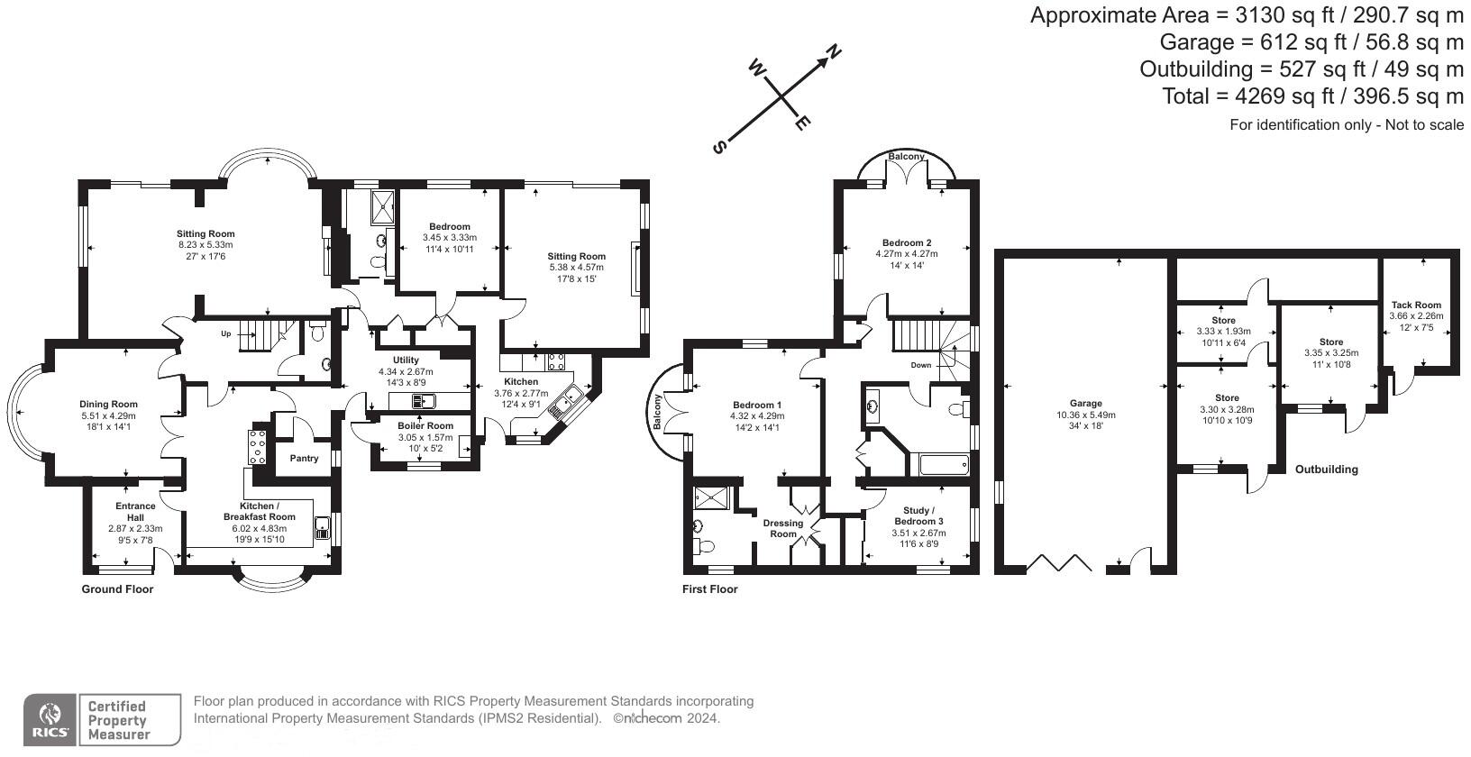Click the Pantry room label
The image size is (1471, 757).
pyautogui.click(x=304, y=459)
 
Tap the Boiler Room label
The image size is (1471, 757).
pyautogui.click(x=425, y=425)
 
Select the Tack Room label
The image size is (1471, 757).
pyautogui.click(x=1417, y=305)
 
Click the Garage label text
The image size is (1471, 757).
pyautogui.click(x=1086, y=404)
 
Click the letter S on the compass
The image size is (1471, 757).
pyautogui.click(x=720, y=147)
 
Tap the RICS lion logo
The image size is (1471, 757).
pyautogui.click(x=50, y=719)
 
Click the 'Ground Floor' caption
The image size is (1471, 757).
pyautogui.click(x=117, y=588)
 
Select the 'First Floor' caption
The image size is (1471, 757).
pyautogui.click(x=710, y=588)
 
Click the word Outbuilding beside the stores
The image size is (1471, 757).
pyautogui.click(x=1327, y=470)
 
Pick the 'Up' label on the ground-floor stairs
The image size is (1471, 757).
pyautogui.click(x=226, y=333)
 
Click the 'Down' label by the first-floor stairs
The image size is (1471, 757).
pyautogui.click(x=920, y=365)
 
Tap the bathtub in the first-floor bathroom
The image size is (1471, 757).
pyautogui.click(x=945, y=465)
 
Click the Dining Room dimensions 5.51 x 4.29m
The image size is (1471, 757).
pyautogui.click(x=108, y=415)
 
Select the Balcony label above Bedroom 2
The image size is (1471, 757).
pyautogui.click(x=906, y=156)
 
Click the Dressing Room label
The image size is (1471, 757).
pyautogui.click(x=783, y=528)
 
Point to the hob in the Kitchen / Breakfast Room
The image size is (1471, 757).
pyautogui.click(x=257, y=448)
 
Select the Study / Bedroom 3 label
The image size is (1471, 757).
pyautogui.click(x=918, y=515)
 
